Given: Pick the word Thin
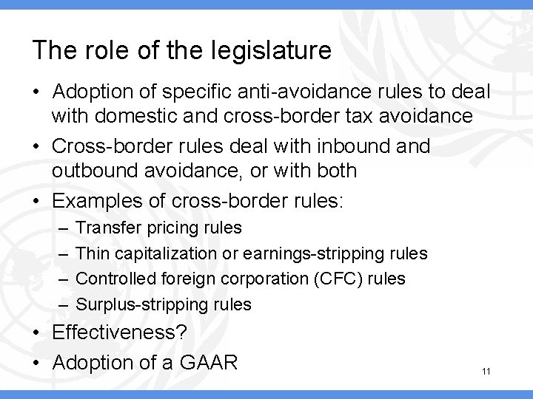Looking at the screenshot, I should pyautogui.click(x=92, y=253).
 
